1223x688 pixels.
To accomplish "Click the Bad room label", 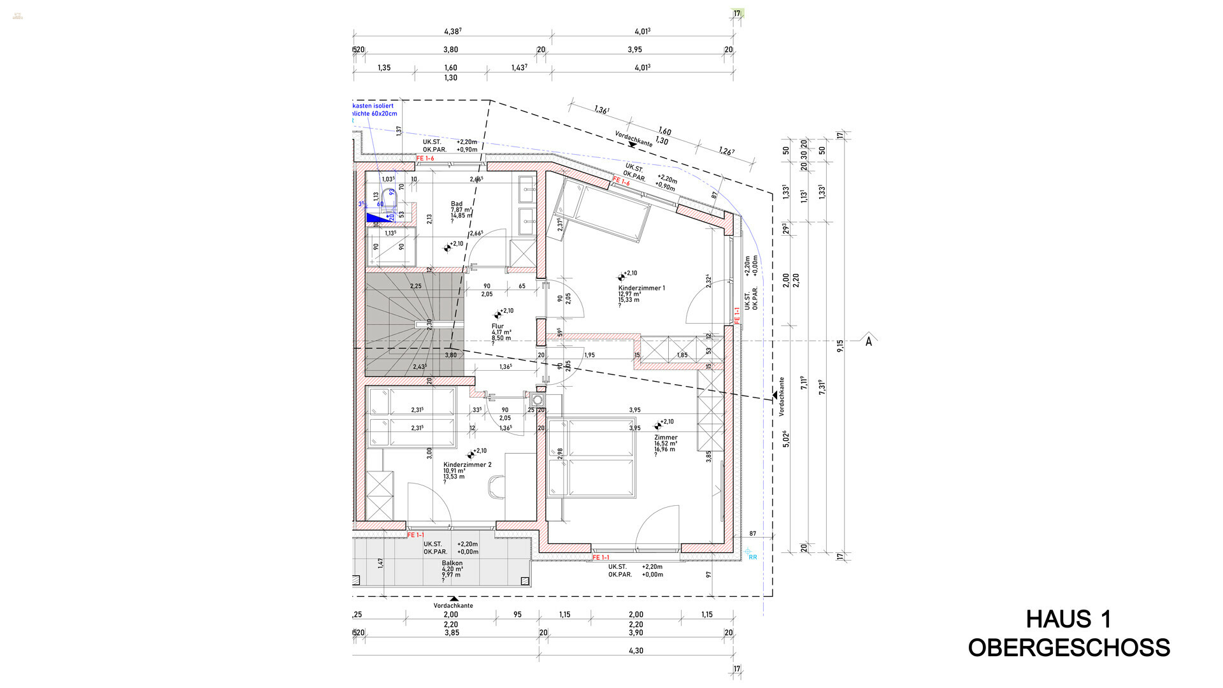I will pos(457,204).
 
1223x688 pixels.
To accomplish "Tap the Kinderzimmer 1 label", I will pos(641,288).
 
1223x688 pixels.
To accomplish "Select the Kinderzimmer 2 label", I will pos(467,465).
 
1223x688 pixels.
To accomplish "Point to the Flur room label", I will pos(497,326).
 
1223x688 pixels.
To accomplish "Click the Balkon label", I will pos(452,563).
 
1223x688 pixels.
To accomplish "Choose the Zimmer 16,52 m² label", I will pos(666,438).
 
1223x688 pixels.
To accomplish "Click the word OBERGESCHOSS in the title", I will pos(1068,648).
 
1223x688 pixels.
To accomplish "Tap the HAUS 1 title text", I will pos(1068,619).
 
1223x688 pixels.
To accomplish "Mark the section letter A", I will pos(868,341).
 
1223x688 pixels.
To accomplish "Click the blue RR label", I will pos(752,557).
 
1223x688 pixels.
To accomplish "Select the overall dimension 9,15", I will pos(840,345).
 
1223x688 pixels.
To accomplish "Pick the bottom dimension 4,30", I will pos(636,650).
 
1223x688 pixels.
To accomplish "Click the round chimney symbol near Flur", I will pos(537,400).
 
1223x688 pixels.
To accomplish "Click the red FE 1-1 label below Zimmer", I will pos(601,557).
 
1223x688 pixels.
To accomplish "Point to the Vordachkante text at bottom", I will pos(453,606).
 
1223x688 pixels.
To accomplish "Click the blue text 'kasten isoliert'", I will pos(373,106).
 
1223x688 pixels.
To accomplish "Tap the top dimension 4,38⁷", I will pos(452,31).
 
